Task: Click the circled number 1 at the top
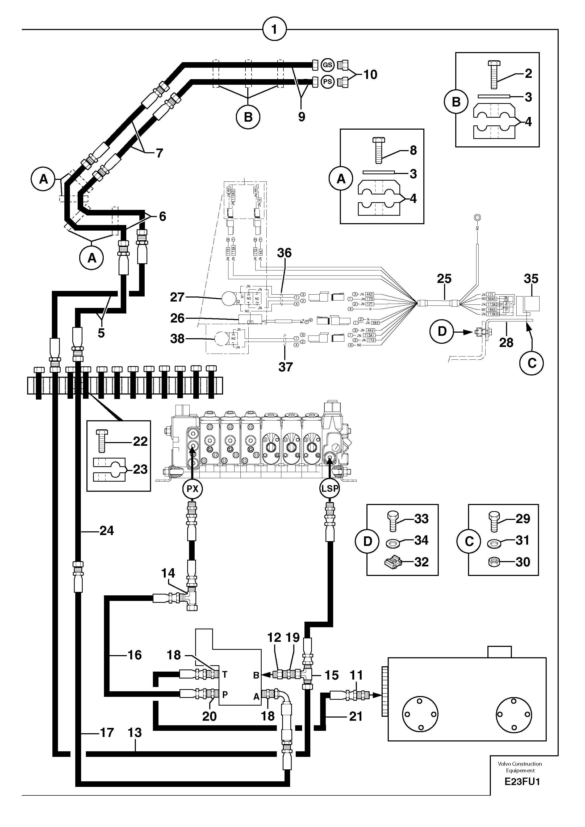click(274, 29)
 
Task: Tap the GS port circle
click(327, 65)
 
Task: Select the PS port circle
click(327, 82)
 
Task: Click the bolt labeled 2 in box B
click(494, 75)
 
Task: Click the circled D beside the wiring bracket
click(442, 331)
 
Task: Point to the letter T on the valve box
click(224, 673)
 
